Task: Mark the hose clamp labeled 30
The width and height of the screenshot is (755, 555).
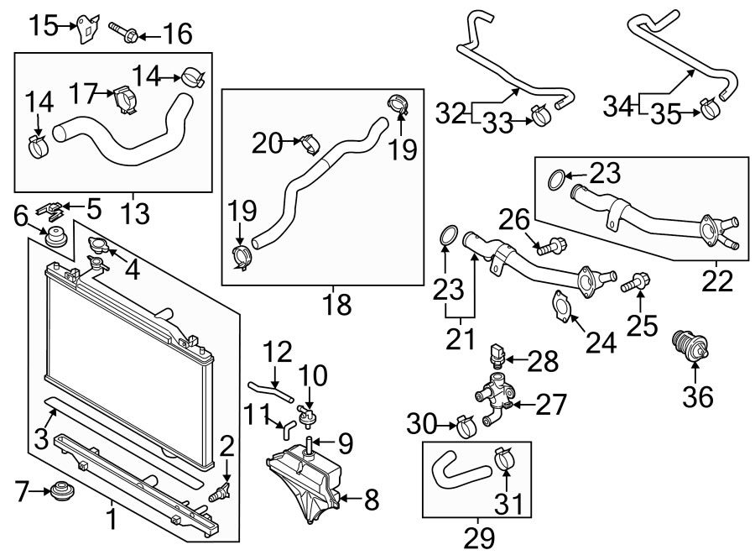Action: (x=465, y=426)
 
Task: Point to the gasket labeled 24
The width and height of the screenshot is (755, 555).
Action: (x=562, y=306)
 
